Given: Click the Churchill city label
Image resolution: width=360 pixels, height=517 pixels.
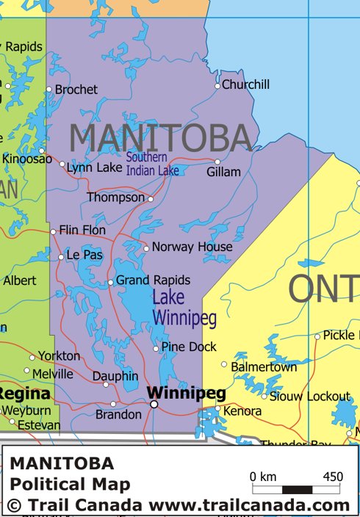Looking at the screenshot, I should [x=245, y=84].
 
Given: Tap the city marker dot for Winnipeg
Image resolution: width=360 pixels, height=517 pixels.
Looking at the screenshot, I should [x=154, y=404].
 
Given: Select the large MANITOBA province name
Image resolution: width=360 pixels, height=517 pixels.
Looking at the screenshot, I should [x=161, y=138].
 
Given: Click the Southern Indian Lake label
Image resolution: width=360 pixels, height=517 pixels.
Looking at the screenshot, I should [x=152, y=164].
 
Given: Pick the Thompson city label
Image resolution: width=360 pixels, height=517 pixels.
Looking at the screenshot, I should [x=116, y=198].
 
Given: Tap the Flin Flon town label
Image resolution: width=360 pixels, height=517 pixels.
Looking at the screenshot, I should [x=82, y=230].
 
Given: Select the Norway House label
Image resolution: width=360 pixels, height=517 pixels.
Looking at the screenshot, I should [x=192, y=247].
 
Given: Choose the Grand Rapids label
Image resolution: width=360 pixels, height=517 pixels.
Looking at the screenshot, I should [x=153, y=281].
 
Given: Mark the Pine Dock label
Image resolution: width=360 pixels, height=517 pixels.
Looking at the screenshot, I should [x=189, y=347].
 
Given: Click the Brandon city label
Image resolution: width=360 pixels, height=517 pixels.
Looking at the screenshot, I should [x=118, y=415].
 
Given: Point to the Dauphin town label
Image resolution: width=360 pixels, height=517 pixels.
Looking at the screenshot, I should [x=115, y=376].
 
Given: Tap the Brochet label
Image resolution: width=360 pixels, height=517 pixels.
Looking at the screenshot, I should [x=76, y=90].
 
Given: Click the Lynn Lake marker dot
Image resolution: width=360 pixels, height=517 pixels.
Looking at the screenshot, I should [x=62, y=164].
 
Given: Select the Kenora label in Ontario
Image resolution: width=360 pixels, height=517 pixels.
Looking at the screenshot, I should [x=242, y=411].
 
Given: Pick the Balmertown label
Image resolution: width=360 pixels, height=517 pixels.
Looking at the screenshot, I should [x=264, y=366].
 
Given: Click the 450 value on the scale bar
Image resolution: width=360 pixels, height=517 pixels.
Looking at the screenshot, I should [x=333, y=477].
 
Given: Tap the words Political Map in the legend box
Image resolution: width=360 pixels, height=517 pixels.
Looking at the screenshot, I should [x=70, y=484].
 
